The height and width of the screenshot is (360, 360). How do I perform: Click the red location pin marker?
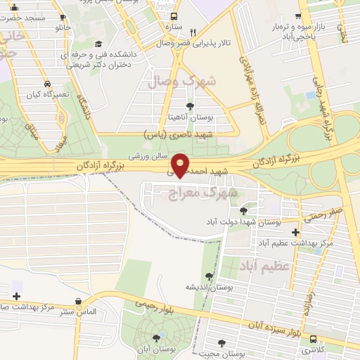click(181, 164)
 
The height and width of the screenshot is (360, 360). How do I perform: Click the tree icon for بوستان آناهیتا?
click(189, 106)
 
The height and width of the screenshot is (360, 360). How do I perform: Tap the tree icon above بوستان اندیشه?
click(208, 276)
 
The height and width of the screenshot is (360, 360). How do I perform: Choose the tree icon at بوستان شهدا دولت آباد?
click(243, 210)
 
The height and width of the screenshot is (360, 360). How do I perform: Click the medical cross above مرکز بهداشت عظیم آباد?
click(295, 232)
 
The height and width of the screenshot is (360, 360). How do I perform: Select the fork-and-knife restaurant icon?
click(192, 32)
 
